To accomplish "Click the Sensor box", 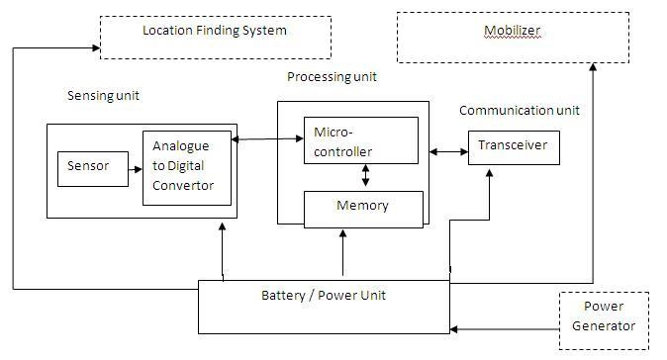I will pos(88,168).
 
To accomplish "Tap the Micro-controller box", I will pos(360,141).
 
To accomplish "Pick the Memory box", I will pos(362,207).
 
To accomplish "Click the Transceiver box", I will pos(513,146).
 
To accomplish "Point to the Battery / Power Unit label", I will pos(324,296).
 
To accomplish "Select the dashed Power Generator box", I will pos(604,319).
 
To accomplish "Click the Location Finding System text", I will pos(214,31).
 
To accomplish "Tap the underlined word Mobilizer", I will pos(512,31).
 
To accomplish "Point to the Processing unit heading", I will pos(332,76).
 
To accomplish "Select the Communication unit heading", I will pos(519,111).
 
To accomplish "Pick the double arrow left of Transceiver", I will pos(448,151).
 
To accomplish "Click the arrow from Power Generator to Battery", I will pos(504,326).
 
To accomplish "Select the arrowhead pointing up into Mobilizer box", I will pos(593,67).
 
